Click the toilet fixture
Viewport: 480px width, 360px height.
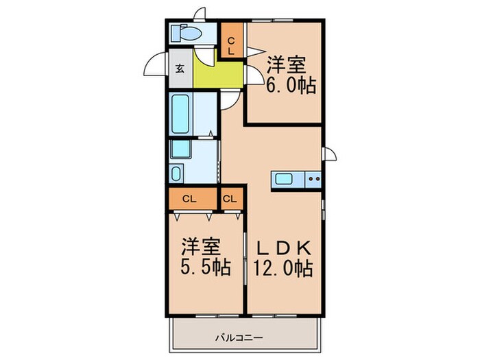pos(184,33)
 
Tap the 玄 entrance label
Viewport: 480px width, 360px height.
pos(180,69)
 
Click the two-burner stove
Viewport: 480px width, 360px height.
pos(313,180)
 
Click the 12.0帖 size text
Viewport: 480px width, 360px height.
pos(285,267)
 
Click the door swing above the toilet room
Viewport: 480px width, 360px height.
pos(200,14)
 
